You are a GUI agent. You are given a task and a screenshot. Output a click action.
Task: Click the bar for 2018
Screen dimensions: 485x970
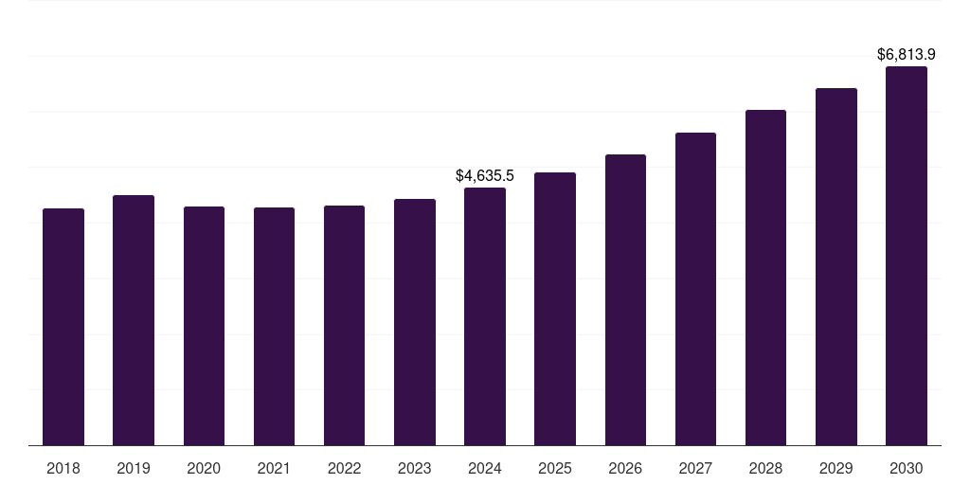(x=63, y=327)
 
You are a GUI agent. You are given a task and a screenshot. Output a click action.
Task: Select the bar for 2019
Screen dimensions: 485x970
(x=134, y=320)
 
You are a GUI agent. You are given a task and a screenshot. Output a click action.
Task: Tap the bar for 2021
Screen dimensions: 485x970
(x=274, y=326)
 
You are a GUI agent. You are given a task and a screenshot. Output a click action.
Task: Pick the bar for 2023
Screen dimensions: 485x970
(x=415, y=322)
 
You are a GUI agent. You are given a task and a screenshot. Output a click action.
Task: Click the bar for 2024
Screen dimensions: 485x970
(x=485, y=316)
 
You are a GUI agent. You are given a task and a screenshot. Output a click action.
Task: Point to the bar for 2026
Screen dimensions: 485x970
(x=625, y=299)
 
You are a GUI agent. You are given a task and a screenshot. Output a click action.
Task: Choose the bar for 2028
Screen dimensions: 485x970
(x=765, y=278)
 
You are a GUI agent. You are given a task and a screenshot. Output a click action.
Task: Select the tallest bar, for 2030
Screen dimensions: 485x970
(x=907, y=256)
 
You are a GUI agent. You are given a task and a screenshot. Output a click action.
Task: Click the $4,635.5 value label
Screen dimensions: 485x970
(x=485, y=176)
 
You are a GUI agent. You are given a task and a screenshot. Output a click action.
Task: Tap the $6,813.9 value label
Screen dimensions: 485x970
(x=907, y=55)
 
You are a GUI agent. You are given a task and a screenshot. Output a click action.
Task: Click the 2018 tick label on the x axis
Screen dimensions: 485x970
(x=63, y=468)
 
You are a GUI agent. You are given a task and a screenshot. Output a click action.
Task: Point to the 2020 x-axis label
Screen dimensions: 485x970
(x=204, y=468)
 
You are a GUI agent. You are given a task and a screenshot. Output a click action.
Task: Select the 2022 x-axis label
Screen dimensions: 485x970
(x=344, y=468)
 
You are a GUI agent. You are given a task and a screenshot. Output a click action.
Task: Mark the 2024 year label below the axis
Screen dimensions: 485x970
(x=485, y=468)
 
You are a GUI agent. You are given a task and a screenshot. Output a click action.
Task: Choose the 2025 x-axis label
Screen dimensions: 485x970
(x=555, y=468)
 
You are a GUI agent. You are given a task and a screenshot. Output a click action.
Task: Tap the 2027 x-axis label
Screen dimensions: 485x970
(x=695, y=468)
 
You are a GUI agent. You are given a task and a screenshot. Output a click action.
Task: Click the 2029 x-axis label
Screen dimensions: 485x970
(x=835, y=468)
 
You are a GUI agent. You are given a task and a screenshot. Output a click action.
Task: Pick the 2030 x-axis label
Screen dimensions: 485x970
(x=907, y=468)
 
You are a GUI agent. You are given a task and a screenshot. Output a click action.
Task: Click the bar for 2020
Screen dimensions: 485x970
(x=204, y=326)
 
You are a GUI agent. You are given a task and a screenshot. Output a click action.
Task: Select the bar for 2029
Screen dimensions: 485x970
(x=835, y=266)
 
